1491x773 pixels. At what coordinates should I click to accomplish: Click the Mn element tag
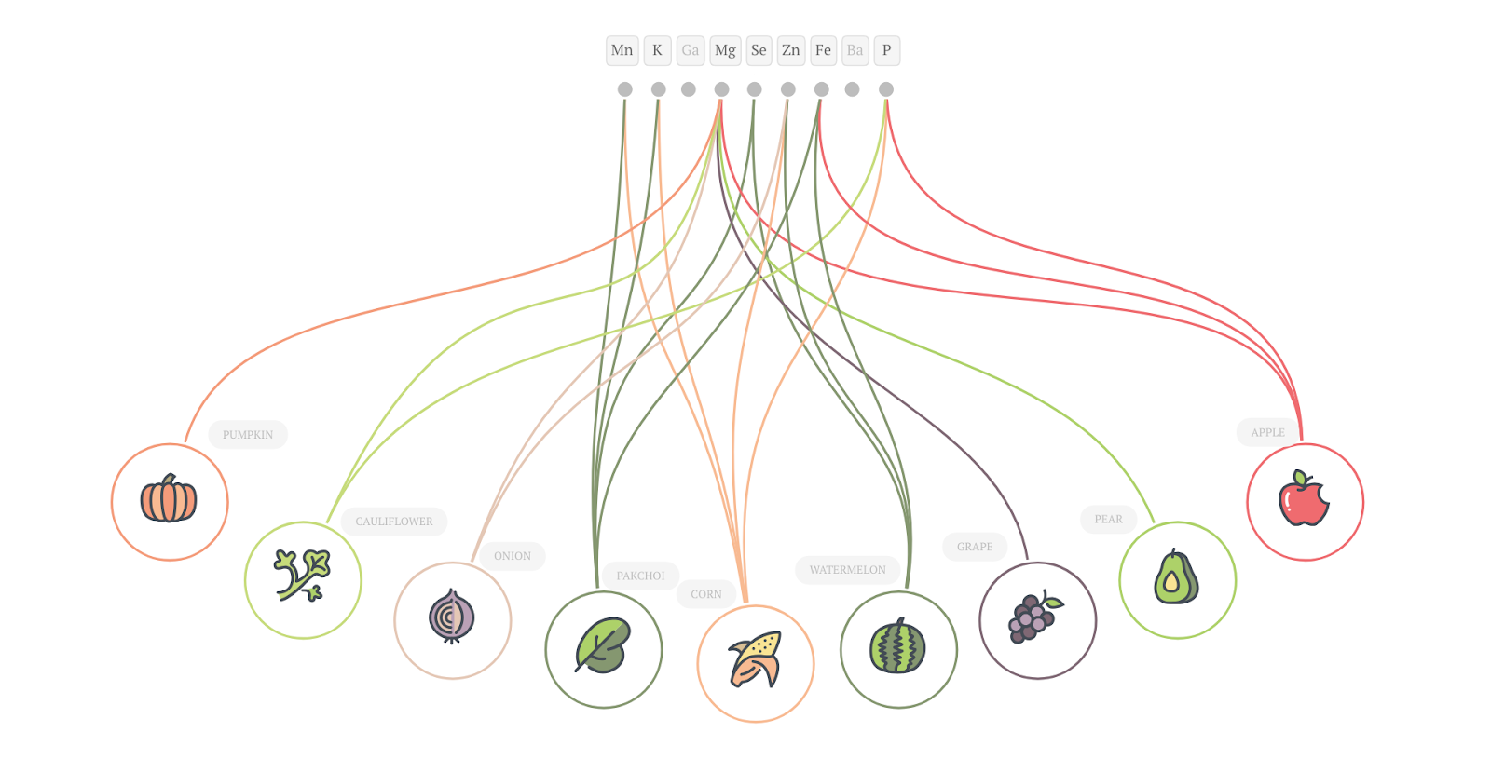click(622, 50)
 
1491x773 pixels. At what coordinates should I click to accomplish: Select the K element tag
click(657, 50)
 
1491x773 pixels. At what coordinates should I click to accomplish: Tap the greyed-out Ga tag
click(690, 50)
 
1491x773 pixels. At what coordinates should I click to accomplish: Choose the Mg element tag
click(725, 50)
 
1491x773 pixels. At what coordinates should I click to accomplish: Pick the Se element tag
click(759, 50)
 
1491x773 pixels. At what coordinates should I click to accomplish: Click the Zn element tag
click(790, 50)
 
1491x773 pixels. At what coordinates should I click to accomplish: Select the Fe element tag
click(823, 50)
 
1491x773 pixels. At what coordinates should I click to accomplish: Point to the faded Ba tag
click(855, 50)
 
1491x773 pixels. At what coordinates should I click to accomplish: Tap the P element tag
click(886, 50)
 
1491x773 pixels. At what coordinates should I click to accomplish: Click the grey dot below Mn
click(624, 89)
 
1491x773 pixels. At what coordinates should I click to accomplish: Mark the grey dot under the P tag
click(886, 89)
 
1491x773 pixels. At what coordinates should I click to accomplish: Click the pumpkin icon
click(169, 500)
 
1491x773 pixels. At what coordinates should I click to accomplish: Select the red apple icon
click(1304, 500)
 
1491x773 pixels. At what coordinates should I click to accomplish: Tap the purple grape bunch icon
click(1035, 618)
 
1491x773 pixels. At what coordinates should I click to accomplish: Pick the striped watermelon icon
click(897, 647)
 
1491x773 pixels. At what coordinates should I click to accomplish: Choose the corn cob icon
click(756, 660)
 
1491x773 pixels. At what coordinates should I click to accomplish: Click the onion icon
click(452, 617)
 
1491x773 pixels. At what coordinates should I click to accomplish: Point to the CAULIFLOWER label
click(393, 522)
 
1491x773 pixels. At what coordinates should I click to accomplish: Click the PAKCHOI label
click(640, 576)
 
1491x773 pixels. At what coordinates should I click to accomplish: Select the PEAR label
click(1108, 520)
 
